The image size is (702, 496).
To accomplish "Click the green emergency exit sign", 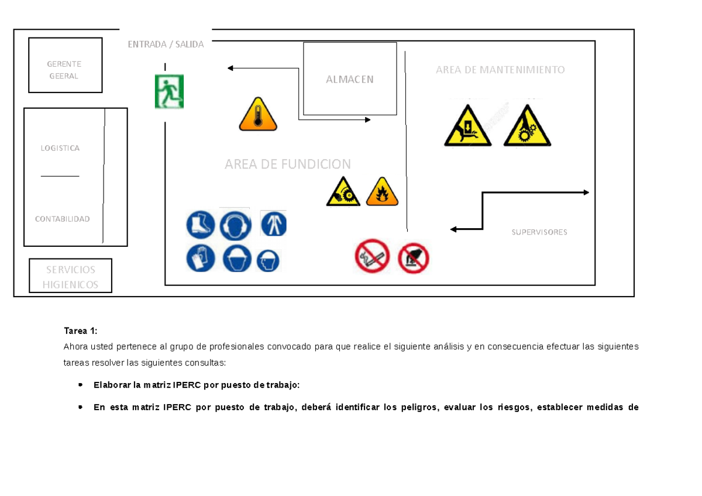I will point(169,91).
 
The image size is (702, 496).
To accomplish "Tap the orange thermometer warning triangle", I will point(257,115).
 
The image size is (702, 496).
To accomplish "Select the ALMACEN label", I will point(350,80).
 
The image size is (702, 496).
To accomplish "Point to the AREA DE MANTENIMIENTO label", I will point(500,70).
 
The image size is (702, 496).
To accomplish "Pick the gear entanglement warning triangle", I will point(527,126).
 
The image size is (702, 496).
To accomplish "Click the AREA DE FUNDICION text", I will point(288,164).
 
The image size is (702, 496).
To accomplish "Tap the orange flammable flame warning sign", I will point(382,192).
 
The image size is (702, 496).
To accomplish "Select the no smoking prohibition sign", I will point(373,257).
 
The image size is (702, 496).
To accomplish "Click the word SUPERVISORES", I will point(539,232).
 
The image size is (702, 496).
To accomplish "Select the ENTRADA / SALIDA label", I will point(166,44).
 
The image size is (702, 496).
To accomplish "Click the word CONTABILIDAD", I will point(62,219).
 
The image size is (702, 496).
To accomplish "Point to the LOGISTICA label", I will point(60,149).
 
